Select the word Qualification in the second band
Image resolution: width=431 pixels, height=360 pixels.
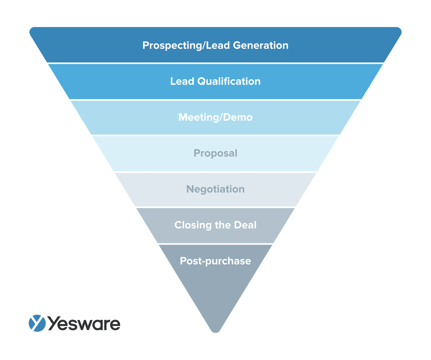229,82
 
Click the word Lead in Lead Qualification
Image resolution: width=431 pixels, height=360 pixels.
182,82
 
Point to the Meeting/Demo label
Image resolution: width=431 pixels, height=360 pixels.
215,117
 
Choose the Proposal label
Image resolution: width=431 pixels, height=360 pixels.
215,153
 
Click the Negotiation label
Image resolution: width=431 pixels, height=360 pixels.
215,189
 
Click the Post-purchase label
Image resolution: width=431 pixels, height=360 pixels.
215,261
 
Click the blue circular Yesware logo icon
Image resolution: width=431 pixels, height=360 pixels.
37,323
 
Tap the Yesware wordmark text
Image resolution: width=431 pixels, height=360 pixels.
84,324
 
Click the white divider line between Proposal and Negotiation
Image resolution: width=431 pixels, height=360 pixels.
215,172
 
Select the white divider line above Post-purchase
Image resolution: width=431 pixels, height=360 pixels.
215,244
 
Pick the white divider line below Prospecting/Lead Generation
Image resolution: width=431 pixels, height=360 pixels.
215,63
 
